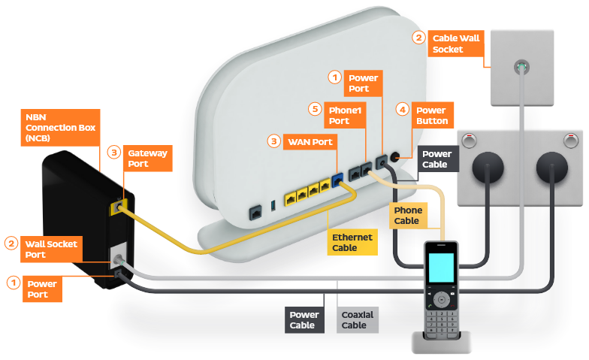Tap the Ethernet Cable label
[x=352, y=242]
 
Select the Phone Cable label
[x=406, y=216]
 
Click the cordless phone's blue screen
[x=440, y=268]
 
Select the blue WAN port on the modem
[x=337, y=180]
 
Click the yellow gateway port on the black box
[x=118, y=205]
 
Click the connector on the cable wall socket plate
[x=521, y=68]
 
